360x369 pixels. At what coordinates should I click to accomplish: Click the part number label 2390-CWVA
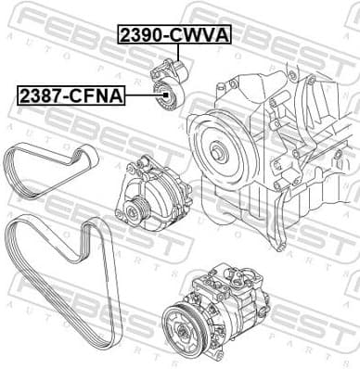coord(174,35)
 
